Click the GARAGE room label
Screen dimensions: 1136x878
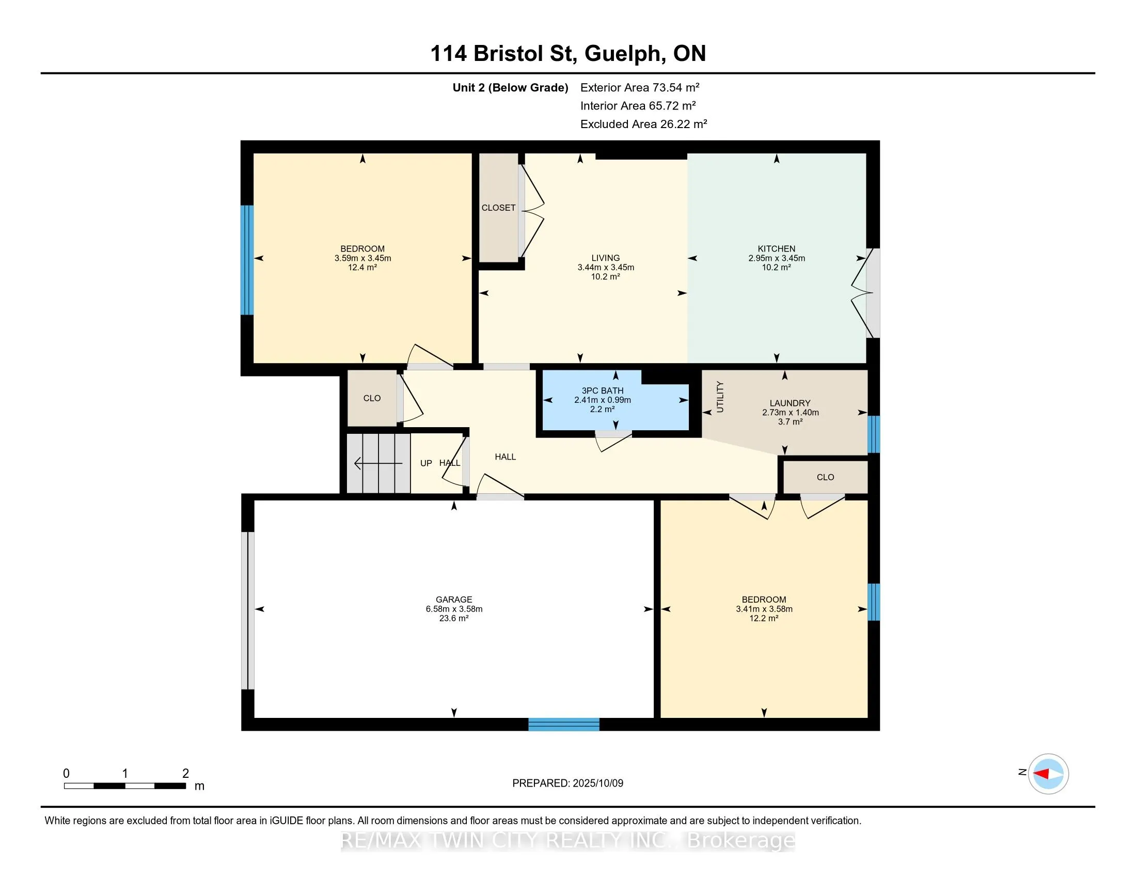pos(453,599)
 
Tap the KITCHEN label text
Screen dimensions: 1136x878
pos(776,248)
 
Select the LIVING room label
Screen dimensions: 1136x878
pos(606,258)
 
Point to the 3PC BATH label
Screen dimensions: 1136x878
pos(602,390)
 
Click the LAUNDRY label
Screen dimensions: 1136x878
pos(790,403)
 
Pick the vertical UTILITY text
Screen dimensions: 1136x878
pos(720,396)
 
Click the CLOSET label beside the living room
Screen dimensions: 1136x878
pos(498,208)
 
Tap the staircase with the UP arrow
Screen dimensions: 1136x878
pos(379,463)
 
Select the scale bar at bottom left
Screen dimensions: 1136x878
pos(125,786)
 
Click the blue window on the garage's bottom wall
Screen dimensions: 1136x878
pos(564,725)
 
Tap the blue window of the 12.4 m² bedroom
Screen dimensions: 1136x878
pos(246,260)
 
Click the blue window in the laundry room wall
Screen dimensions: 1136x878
pos(874,434)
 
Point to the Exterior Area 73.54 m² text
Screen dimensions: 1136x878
pos(640,87)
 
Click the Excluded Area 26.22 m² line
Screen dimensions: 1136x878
pos(643,124)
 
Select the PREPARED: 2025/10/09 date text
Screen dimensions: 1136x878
pos(567,783)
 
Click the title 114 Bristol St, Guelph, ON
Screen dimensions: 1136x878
pos(568,54)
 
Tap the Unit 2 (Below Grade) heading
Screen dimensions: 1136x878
pos(510,87)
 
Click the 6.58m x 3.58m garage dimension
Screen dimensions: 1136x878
pos(454,608)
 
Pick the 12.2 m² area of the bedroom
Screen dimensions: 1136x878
pos(764,618)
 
